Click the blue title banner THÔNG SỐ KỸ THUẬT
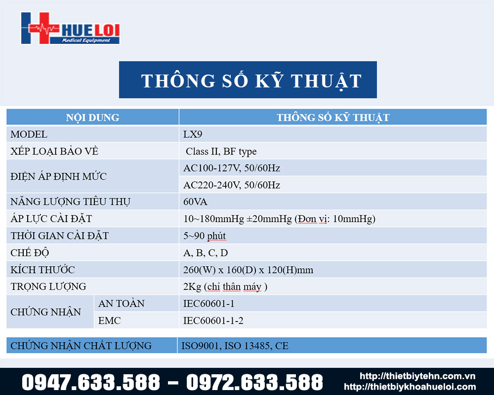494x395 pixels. (248, 79)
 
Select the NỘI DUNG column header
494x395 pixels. (93, 118)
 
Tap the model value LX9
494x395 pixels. (193, 134)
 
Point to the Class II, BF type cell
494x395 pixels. (221, 152)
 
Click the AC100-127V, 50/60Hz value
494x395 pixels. (232, 168)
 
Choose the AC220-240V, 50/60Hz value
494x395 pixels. (232, 185)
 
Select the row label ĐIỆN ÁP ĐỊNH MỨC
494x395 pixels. (59, 176)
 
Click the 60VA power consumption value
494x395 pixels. (195, 201)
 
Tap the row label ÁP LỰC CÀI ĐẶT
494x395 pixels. (51, 218)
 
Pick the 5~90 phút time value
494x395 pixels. (205, 236)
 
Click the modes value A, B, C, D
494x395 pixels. (206, 253)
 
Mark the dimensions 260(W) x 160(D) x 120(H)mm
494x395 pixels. (248, 270)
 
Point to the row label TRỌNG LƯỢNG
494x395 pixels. (48, 286)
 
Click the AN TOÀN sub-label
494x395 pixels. (122, 303)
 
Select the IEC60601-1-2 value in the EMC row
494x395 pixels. (213, 320)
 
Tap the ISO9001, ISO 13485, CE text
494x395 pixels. (235, 346)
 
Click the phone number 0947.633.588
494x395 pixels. (91, 382)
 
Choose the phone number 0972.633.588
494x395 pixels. (254, 382)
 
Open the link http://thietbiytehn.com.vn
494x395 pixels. (417, 376)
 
